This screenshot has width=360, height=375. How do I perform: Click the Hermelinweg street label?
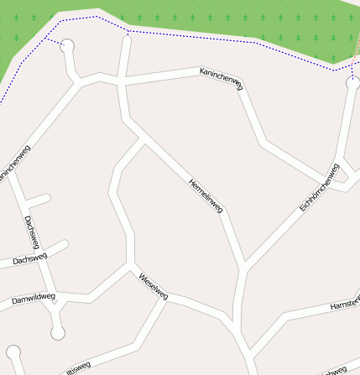(206, 195)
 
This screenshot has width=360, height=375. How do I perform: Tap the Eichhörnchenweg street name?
(319, 187)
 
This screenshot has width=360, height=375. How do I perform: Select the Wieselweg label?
(154, 287)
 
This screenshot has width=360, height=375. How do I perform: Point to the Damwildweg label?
(34, 298)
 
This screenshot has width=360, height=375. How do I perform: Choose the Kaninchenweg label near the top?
(221, 79)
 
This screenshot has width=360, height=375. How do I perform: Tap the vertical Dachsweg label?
(32, 232)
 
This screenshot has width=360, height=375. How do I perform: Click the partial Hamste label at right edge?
(345, 304)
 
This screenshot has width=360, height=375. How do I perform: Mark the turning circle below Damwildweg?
(57, 333)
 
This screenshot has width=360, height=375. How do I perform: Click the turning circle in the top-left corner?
(67, 46)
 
